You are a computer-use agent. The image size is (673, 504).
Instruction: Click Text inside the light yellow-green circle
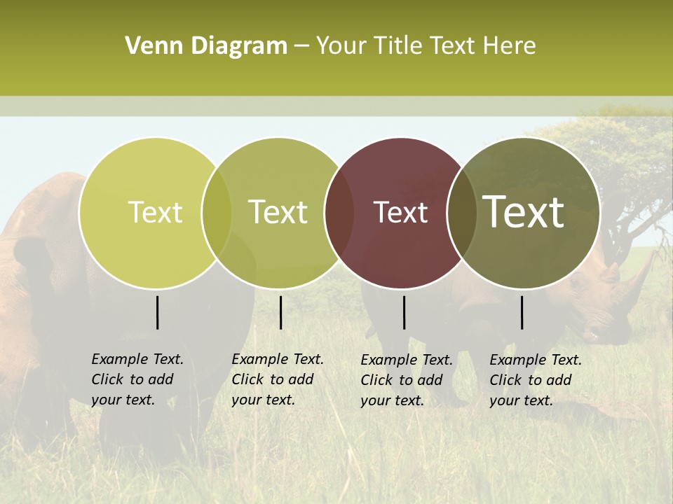[x=155, y=212]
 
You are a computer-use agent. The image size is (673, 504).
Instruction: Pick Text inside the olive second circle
[x=278, y=212]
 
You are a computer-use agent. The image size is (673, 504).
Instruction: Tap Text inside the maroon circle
[x=400, y=213]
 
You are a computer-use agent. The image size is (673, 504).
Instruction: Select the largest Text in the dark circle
[x=524, y=212]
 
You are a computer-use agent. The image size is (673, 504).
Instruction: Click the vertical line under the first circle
[x=158, y=312]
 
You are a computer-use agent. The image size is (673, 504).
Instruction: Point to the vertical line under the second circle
[x=280, y=312]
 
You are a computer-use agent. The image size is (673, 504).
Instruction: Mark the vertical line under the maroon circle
[x=404, y=312]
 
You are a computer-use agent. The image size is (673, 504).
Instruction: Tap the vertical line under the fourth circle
[x=522, y=312]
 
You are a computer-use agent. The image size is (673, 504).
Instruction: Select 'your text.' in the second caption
[x=263, y=400]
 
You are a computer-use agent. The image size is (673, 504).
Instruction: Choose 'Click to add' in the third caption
[x=402, y=380]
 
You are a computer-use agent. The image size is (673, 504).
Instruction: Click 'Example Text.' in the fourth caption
[x=536, y=360]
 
